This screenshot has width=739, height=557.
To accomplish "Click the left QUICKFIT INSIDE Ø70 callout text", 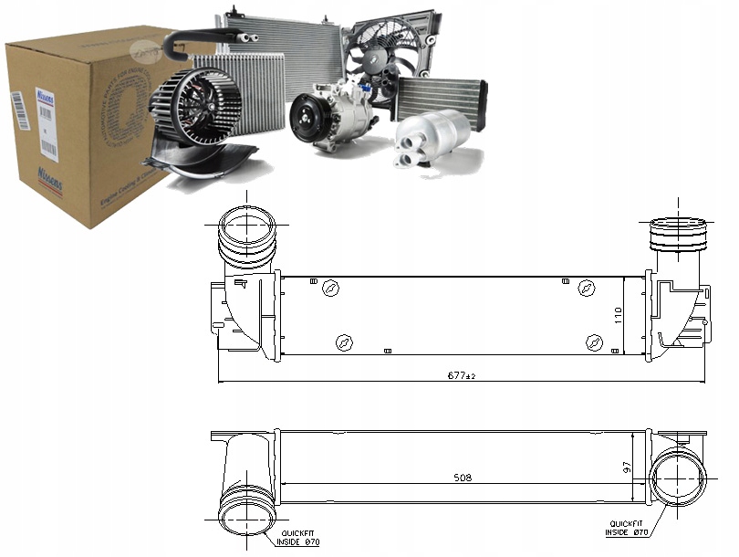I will (300, 538).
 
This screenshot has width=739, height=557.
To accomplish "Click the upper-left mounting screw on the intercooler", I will (331, 290).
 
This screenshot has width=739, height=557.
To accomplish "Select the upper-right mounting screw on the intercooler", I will (587, 290).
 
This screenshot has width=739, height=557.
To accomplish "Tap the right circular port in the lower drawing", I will (679, 479).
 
